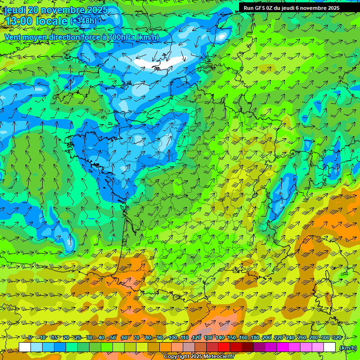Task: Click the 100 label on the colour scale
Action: pyautogui.click(x=173, y=337)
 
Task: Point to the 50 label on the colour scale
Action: pyautogui.click(x=113, y=337)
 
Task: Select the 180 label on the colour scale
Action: pyautogui.click(x=255, y=337)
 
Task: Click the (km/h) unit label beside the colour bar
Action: pyautogui.click(x=348, y=348)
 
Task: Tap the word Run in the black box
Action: pyautogui.click(x=248, y=8)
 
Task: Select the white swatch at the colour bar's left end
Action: pyautogui.click(x=25, y=347)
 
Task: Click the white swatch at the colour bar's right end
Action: pyautogui.click(x=330, y=347)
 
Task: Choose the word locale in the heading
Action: pyautogui.click(x=52, y=21)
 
